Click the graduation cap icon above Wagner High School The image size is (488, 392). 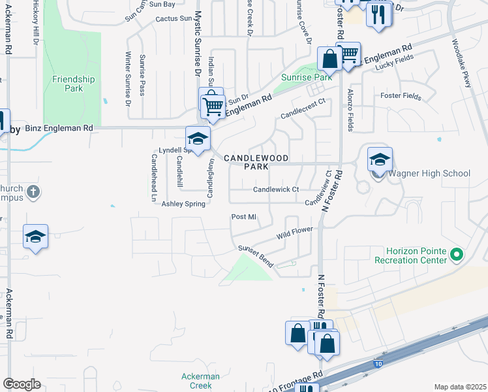coord(380,158)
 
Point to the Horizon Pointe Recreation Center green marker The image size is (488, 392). coord(456,254)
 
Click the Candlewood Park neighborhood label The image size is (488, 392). coord(247,162)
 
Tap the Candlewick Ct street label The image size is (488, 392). coord(275,189)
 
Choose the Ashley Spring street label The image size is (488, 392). coord(183,204)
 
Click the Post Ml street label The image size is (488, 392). coord(243,217)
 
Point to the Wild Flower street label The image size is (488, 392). coord(295,232)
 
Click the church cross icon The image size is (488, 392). coord(35,193)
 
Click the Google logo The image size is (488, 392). coord(22,384)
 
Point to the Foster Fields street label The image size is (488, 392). coord(401,95)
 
